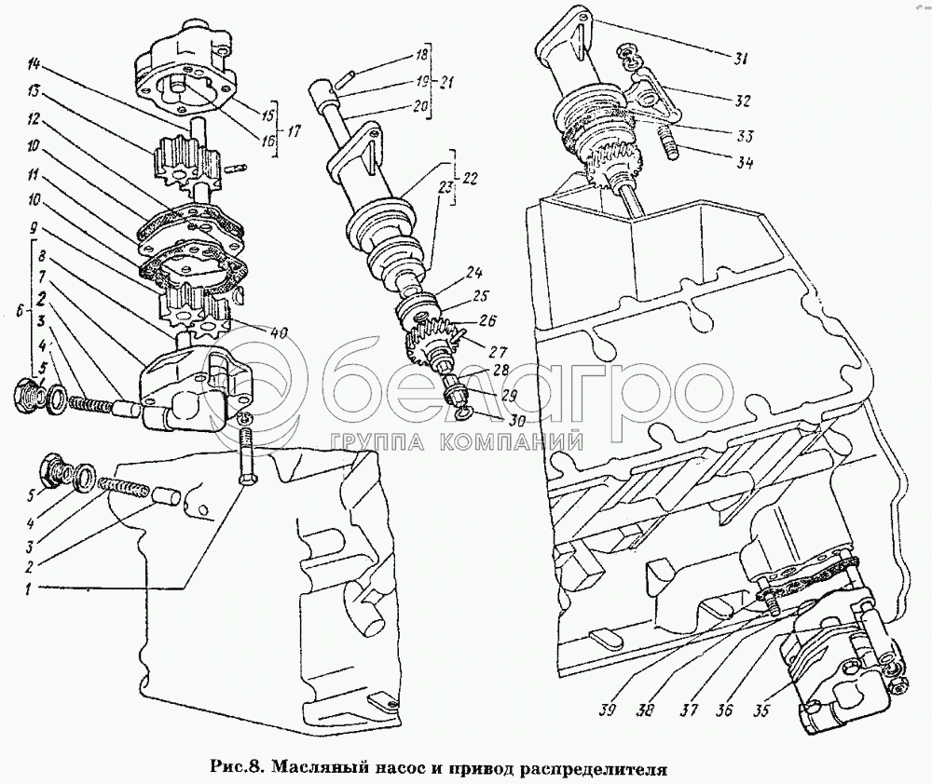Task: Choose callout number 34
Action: click(x=742, y=162)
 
